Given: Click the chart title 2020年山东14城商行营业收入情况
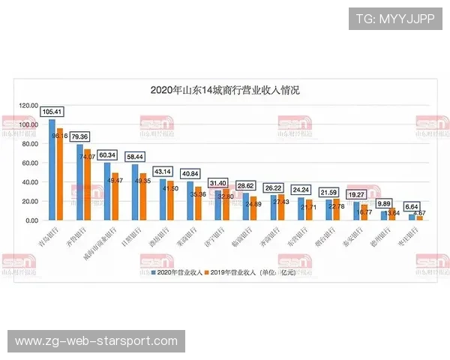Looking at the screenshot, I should click(225, 90).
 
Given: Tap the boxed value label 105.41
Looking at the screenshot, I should click(52, 112).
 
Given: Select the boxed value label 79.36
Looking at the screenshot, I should click(80, 136).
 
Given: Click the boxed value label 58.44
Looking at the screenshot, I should click(136, 157).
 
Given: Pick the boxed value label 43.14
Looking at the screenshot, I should click(163, 171).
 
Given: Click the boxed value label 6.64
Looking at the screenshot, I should click(412, 206).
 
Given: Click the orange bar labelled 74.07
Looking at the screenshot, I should click(87, 184).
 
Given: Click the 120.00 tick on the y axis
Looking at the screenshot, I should click(28, 105).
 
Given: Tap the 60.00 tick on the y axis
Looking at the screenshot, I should click(30, 163).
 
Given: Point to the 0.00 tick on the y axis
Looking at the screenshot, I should click(31, 220).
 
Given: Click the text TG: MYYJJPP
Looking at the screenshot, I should click(395, 18).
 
